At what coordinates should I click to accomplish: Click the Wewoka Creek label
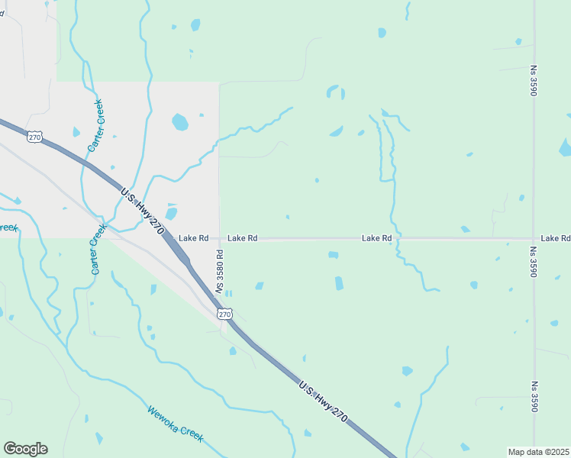(x=176, y=424)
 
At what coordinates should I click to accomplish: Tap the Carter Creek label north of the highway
(x=96, y=124)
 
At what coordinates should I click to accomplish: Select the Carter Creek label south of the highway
(x=96, y=250)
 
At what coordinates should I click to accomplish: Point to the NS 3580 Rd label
(x=219, y=272)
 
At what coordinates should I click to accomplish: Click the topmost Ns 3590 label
(x=534, y=80)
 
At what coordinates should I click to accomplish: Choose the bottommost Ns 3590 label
(x=534, y=397)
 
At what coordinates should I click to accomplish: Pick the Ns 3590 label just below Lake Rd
(x=534, y=262)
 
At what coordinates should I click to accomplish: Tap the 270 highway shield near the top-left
(x=34, y=137)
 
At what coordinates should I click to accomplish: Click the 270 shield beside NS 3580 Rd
(x=224, y=314)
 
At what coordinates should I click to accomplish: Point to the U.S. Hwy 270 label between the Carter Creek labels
(x=143, y=208)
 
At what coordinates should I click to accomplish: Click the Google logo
(x=25, y=449)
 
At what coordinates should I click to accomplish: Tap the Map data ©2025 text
(x=539, y=452)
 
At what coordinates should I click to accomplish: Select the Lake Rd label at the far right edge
(x=556, y=238)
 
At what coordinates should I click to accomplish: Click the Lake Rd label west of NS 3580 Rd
(x=193, y=238)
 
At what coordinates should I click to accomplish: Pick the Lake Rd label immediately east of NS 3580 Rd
(x=242, y=238)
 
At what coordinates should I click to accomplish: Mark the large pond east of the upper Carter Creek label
(x=180, y=121)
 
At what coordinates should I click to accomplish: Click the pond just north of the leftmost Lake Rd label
(x=172, y=214)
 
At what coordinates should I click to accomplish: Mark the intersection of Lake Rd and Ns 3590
(x=534, y=238)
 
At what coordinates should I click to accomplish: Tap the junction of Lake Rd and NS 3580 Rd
(x=220, y=238)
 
